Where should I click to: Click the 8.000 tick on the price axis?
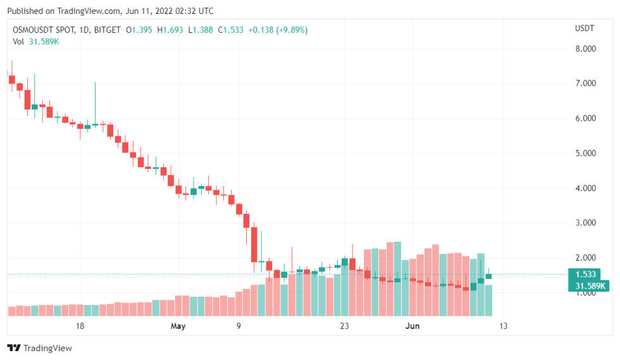point(585,49)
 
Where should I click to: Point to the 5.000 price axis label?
point(585,153)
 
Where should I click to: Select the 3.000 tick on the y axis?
point(585,223)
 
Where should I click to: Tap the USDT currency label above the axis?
point(584,29)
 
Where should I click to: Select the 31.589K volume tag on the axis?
point(588,286)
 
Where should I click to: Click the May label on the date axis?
point(178,326)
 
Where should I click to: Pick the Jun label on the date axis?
point(412,326)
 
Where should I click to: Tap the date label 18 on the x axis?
point(80,326)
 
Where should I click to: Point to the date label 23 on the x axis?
point(344,326)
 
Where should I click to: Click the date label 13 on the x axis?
point(503,326)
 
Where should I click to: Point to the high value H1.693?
point(171,30)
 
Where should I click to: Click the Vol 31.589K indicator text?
point(37,41)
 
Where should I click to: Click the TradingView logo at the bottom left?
point(39,348)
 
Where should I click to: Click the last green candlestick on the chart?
point(488,276)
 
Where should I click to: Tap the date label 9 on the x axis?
point(239,326)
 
